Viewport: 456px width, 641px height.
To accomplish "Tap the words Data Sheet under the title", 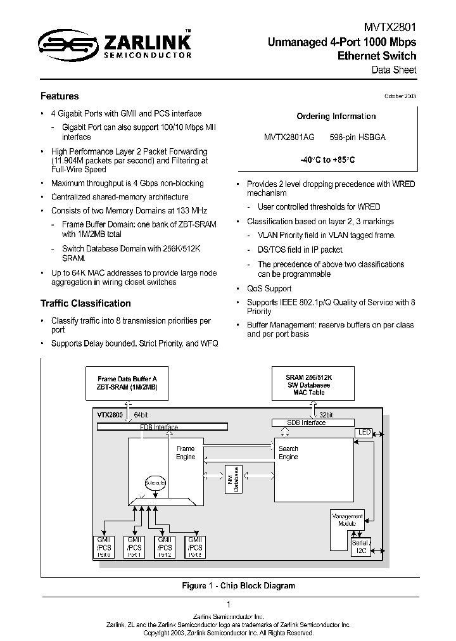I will pos(393,70).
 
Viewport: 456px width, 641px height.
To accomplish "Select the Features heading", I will pos(60,96).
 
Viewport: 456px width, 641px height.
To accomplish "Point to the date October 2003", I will pos(400,96).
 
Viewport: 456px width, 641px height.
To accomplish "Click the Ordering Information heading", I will pos(336,117).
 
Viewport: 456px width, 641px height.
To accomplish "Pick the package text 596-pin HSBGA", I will pos(357,137).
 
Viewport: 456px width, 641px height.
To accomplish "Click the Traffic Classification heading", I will pos(85,303).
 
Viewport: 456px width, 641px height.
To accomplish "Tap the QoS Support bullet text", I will pos(269,288).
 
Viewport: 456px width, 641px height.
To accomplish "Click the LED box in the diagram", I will pos(364,432).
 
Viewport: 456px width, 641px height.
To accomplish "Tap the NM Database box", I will pos(233,479).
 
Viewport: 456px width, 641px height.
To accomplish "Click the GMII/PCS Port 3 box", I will pos(195,547).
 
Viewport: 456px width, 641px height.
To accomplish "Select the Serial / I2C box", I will pos(360,547).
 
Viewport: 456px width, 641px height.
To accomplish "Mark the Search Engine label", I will pos(288,453).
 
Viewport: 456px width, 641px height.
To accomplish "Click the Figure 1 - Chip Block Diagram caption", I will pos(238,586).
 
